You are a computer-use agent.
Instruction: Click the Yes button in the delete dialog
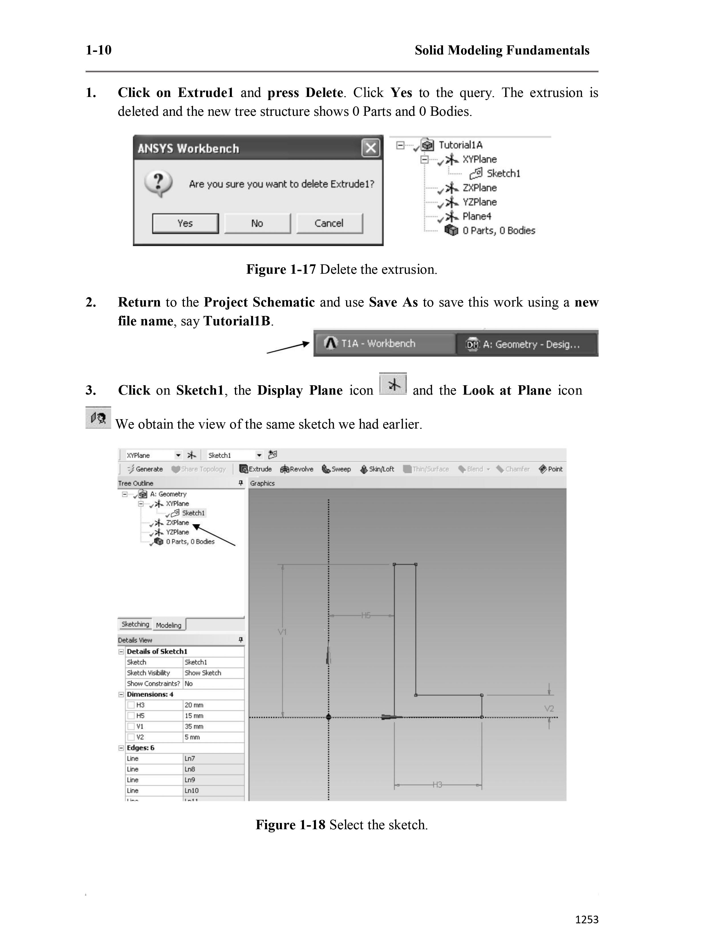[185, 223]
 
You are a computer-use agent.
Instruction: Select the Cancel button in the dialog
[329, 223]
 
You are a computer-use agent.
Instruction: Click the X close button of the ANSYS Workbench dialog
[370, 148]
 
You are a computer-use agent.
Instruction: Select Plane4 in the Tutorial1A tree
[476, 216]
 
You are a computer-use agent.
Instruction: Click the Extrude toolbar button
[256, 469]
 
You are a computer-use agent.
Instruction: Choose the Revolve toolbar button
[297, 469]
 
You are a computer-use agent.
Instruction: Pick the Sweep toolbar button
[336, 469]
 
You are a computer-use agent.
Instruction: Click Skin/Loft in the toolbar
[377, 469]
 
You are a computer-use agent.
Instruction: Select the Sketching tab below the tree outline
[135, 624]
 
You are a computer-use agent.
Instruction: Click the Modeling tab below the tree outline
[168, 625]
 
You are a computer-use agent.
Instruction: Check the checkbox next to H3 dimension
[131, 705]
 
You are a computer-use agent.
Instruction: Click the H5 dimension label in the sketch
[366, 615]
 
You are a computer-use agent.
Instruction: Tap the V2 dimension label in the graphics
[549, 708]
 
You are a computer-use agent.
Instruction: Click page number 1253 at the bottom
[587, 919]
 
